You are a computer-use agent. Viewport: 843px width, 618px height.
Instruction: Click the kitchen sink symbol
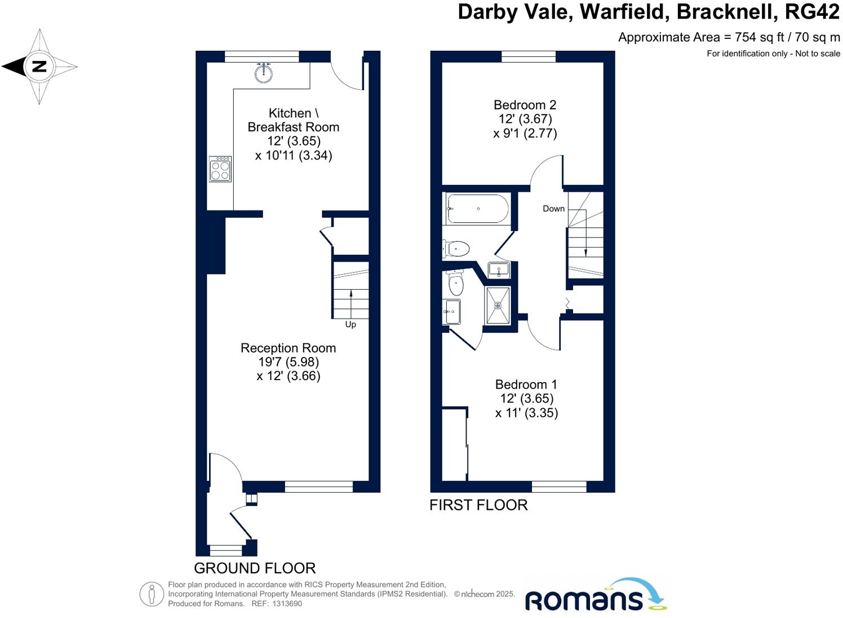coord(263,73)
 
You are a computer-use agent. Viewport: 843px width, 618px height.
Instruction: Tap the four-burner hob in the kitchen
coord(220,169)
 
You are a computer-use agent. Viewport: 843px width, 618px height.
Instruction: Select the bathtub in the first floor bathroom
coord(477,209)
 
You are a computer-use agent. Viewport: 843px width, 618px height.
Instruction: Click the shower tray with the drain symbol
coord(498,306)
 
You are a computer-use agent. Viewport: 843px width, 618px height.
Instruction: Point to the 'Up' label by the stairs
coord(350,324)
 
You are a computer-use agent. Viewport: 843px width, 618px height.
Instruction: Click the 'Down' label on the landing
coord(553,209)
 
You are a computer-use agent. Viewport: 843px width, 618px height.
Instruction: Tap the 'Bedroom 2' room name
coord(525,105)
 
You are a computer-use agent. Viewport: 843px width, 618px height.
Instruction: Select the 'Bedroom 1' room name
coord(526,385)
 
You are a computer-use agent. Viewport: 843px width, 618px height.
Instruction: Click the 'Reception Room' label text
coord(288,348)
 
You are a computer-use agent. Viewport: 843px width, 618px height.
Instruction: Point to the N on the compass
coord(39,67)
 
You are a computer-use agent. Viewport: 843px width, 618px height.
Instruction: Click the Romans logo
coord(594,596)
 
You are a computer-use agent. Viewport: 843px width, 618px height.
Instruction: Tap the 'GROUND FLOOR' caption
coord(255,568)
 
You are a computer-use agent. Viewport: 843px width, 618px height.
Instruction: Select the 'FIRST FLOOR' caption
coord(478,505)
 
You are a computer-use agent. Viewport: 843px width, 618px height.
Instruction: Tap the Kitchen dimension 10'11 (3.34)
coord(294,156)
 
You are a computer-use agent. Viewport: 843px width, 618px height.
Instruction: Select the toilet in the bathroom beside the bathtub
coord(457,248)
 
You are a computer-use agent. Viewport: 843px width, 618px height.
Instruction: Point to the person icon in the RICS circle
coord(152,594)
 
